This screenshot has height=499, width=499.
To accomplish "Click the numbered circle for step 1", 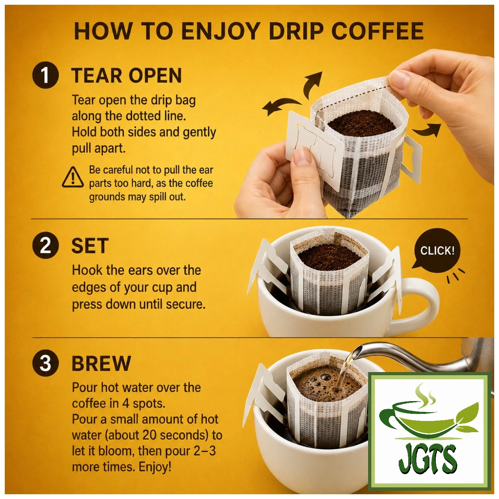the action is (46, 75).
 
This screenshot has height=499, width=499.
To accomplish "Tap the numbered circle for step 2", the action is (46, 245).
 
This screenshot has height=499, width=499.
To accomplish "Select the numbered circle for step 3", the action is (46, 363).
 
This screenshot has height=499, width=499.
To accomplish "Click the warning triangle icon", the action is (73, 177).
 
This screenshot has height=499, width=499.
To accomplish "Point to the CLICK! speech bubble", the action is (437, 249).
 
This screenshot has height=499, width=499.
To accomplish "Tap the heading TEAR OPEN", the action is (127, 75).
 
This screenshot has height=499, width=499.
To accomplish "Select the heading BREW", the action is (101, 363).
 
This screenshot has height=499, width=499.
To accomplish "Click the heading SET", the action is (90, 246).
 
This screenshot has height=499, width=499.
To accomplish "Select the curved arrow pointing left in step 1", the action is (281, 107).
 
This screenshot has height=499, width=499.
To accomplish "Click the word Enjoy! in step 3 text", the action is (155, 467).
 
